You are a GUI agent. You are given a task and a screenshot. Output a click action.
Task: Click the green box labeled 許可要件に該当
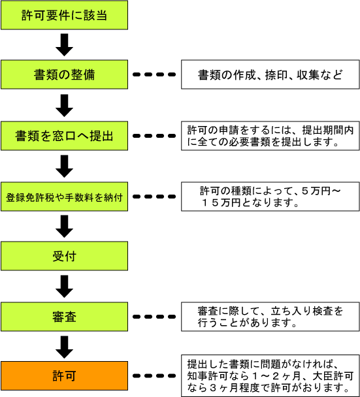(64, 15)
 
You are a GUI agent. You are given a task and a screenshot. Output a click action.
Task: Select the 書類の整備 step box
(64, 74)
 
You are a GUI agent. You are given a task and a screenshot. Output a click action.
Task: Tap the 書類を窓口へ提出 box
(64, 136)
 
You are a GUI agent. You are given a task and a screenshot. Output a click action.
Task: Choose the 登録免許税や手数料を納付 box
(64, 197)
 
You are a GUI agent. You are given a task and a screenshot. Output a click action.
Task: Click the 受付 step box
(64, 256)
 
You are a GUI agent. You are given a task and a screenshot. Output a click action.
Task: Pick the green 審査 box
(64, 317)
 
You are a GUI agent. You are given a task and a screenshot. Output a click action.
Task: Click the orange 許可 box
(64, 375)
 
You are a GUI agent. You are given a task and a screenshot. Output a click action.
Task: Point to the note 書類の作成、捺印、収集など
(270, 74)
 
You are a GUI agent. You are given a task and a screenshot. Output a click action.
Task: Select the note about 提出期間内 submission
(270, 136)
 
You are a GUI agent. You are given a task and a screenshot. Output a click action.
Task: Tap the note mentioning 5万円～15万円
(270, 197)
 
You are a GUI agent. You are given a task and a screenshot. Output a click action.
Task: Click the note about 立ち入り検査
(270, 317)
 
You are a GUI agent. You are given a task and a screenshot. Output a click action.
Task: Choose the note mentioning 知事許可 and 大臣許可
(270, 375)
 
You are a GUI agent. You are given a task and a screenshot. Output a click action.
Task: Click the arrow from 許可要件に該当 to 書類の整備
(64, 45)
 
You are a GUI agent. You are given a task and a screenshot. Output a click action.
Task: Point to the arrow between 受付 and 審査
(64, 287)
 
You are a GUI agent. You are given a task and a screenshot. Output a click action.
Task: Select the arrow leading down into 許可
(64, 347)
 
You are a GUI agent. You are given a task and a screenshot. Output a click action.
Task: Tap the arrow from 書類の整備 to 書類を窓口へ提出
(64, 106)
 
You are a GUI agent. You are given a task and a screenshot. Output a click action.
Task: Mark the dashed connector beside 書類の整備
(154, 74)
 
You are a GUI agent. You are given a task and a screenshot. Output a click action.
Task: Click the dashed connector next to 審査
(154, 317)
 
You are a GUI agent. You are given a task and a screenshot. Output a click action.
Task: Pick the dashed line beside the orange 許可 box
(154, 375)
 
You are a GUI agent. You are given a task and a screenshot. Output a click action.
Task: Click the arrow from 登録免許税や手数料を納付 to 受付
(64, 227)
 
